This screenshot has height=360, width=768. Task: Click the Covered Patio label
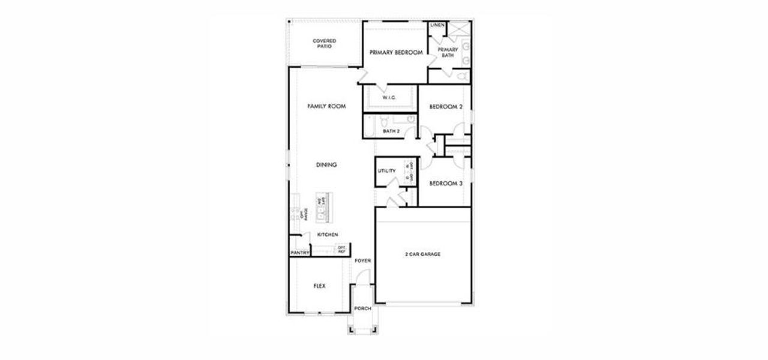324,43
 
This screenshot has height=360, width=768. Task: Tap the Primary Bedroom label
396,53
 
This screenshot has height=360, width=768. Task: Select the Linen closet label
437,25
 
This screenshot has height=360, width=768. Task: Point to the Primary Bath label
448,52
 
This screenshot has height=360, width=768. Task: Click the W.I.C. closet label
389,98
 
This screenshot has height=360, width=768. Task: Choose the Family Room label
326,106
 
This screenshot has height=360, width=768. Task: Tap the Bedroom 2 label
446,107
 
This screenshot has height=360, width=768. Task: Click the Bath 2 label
391,131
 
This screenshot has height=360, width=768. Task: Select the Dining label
326,164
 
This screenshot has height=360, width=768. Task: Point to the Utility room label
386,171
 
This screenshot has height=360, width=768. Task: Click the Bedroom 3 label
446,184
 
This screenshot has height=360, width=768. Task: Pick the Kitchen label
328,235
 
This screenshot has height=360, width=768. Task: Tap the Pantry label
299,253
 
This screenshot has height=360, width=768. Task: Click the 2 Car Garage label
422,254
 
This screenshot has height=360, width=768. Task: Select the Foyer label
362,261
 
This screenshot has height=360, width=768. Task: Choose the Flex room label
319,286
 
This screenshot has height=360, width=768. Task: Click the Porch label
362,308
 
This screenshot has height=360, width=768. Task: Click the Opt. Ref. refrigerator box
342,249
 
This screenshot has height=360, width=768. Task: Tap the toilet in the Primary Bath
461,76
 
